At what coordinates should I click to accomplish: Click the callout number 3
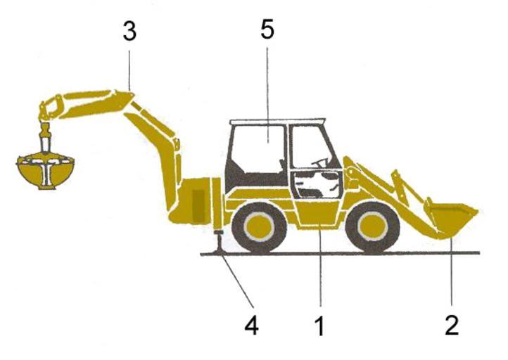(129, 32)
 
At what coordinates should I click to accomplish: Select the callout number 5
(267, 30)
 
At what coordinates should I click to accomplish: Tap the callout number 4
(251, 325)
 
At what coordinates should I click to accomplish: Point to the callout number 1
(319, 326)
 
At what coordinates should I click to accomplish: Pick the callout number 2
(452, 326)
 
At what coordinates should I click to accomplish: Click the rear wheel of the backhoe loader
(259, 227)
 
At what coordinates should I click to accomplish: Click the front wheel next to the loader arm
(373, 227)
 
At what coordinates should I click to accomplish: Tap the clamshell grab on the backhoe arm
(45, 171)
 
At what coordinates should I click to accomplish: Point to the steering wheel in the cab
(320, 162)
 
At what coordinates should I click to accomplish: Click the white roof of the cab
(277, 122)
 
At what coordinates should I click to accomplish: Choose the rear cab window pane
(259, 149)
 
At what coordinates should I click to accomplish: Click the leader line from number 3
(129, 70)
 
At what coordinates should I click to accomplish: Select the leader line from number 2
(451, 271)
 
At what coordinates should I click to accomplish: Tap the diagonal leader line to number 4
(238, 281)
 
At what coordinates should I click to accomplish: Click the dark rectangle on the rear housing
(198, 206)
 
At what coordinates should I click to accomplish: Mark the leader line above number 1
(320, 264)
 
